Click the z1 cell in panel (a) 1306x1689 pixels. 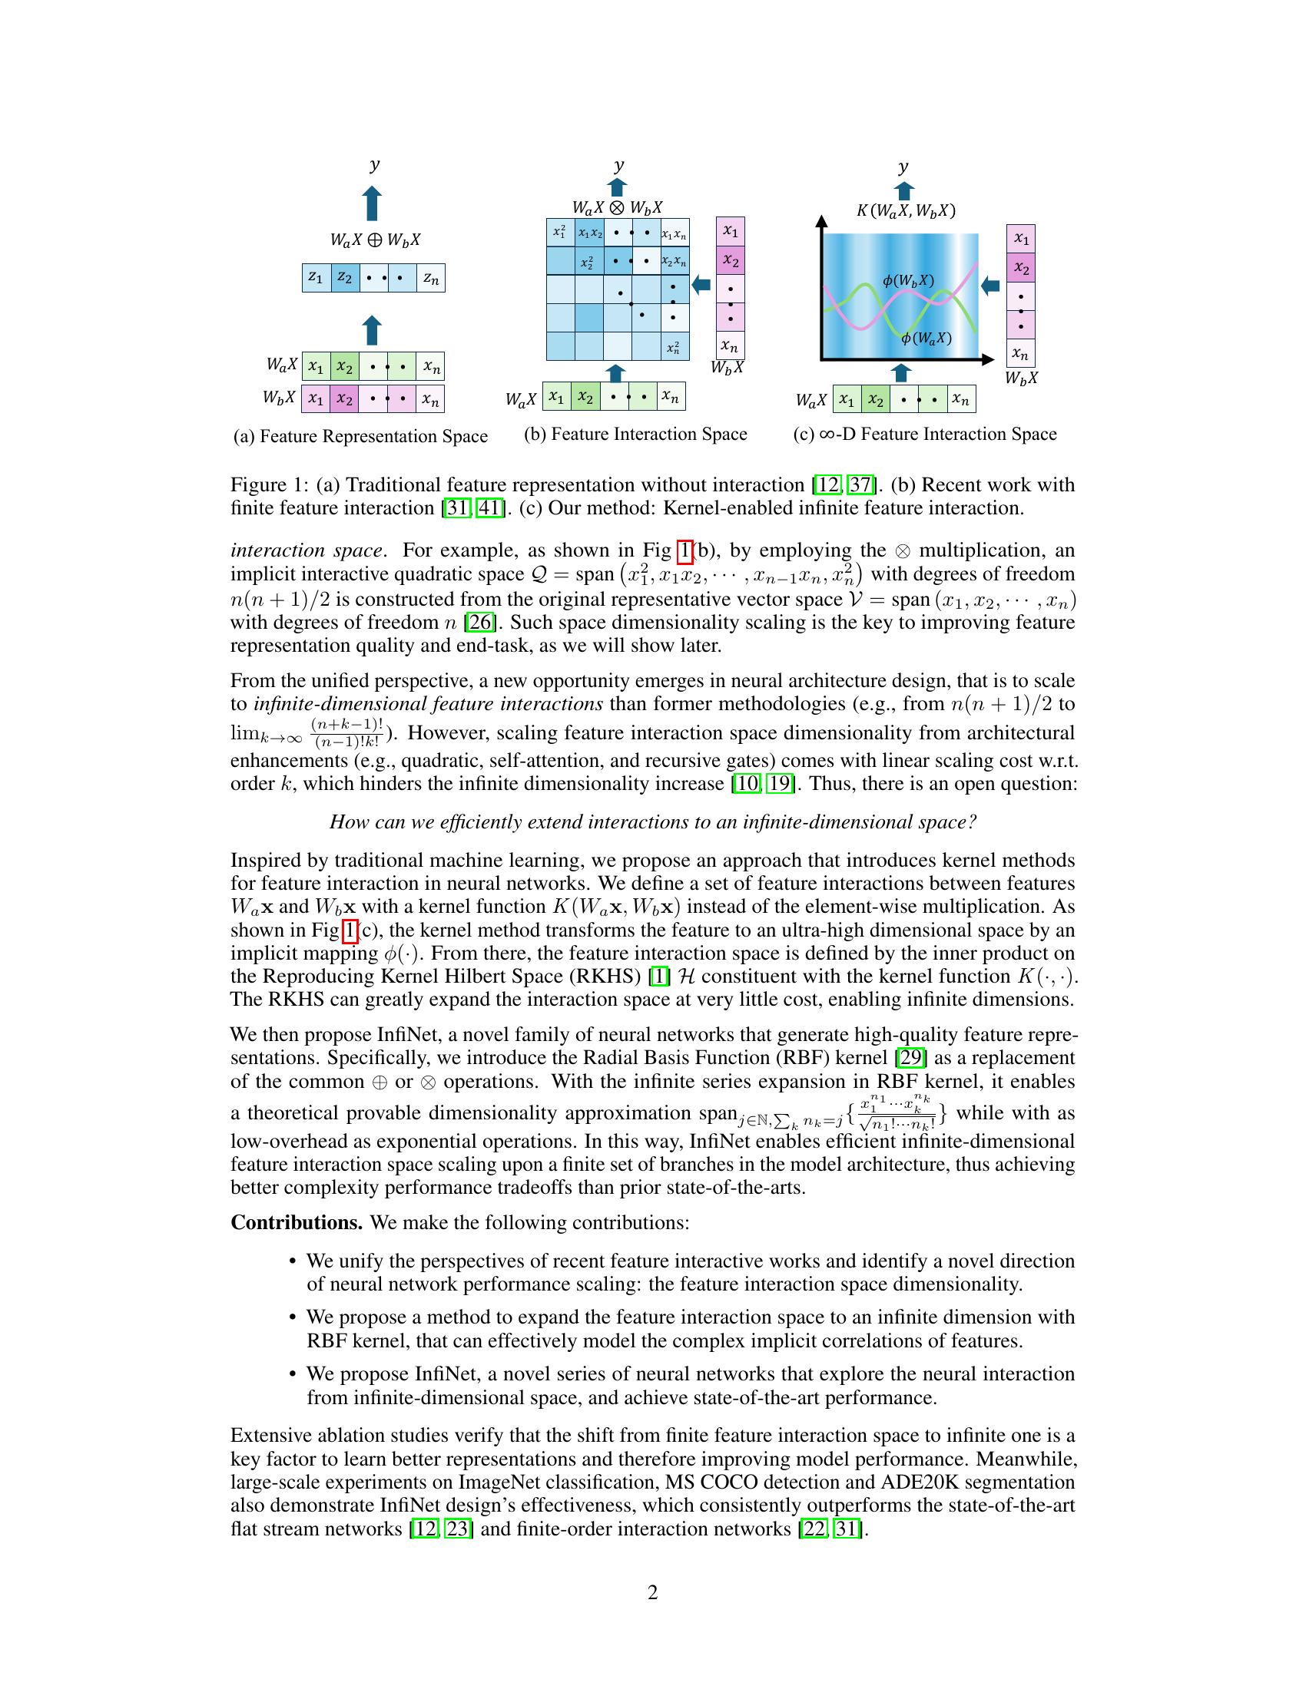316,278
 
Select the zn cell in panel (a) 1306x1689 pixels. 430,278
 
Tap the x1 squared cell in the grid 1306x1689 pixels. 560,232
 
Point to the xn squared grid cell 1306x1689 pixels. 674,347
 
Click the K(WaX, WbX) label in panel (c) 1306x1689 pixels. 905,210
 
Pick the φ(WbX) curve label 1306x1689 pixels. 907,281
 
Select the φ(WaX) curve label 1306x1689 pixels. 926,338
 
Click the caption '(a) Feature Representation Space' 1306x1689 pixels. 360,436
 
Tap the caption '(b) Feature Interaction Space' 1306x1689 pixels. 635,434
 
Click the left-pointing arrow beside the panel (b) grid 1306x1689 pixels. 701,285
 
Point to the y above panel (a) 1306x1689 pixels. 374,165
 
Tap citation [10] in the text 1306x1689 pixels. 744,783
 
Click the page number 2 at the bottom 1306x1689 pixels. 652,1593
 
